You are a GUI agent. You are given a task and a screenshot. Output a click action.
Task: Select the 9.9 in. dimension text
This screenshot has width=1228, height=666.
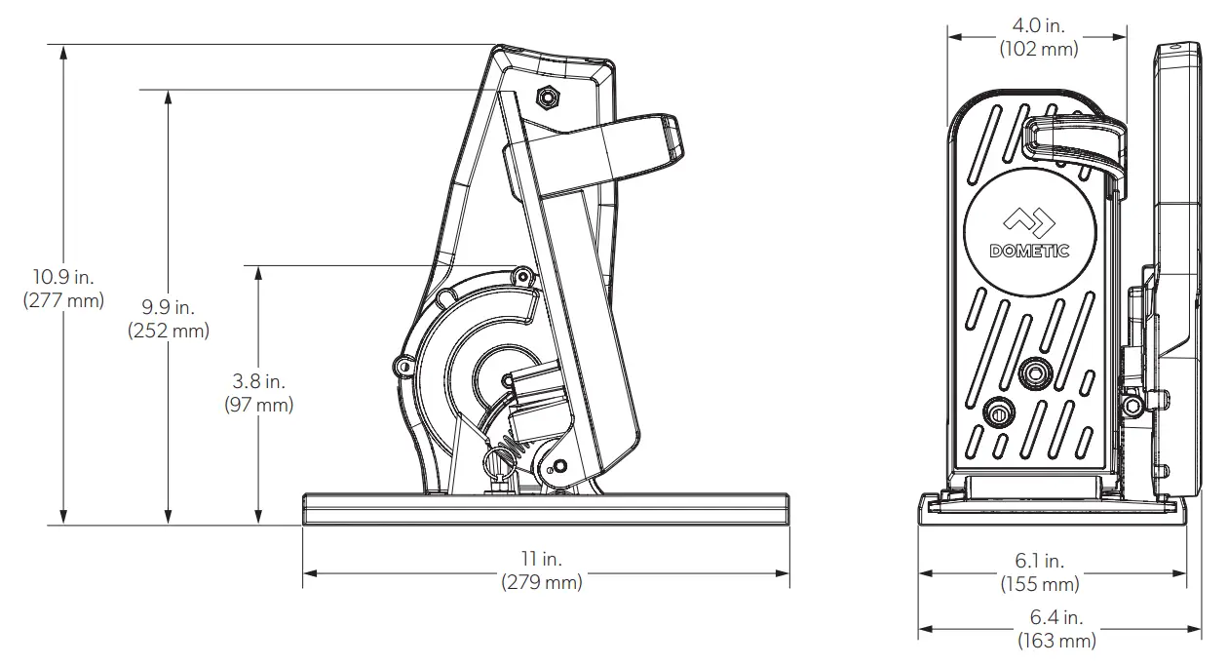(x=168, y=308)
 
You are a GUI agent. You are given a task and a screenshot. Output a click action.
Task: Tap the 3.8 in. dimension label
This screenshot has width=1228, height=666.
(x=258, y=381)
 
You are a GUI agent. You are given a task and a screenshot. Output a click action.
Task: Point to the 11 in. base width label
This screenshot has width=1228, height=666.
(x=542, y=559)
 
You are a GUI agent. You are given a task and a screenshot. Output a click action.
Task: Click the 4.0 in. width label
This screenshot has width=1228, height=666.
(x=1038, y=26)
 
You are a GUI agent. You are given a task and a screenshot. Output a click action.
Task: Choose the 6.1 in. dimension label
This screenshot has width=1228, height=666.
(x=1039, y=561)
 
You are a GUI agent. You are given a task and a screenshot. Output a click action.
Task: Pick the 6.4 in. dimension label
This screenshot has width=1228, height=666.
(x=1056, y=617)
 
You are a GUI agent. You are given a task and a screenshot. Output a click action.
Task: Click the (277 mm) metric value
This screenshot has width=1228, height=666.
(x=63, y=300)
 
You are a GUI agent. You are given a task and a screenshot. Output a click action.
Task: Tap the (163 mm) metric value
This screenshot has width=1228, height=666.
(x=1056, y=641)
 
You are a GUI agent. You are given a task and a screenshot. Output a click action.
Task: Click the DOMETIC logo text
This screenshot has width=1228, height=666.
(x=1029, y=251)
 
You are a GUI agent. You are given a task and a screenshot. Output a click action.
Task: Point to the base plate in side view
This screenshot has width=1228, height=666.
(x=546, y=509)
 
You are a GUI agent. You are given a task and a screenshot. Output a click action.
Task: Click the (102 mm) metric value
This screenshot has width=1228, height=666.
(x=1038, y=49)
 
